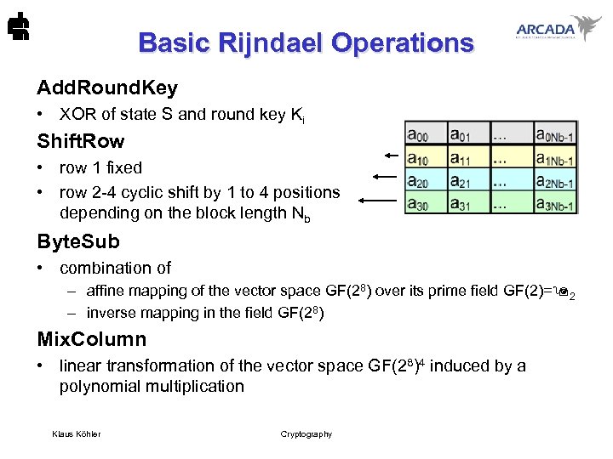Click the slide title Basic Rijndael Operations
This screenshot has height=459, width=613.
click(306, 42)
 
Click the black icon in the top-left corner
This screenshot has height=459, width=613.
click(15, 28)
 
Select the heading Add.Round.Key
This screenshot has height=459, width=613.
click(107, 88)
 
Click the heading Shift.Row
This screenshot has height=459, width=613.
click(80, 141)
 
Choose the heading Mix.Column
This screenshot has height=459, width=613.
click(92, 339)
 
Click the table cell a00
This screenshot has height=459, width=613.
click(424, 133)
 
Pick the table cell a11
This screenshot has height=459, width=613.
click(466, 157)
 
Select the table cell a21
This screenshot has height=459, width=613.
click(466, 180)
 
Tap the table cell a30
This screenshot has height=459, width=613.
click(424, 203)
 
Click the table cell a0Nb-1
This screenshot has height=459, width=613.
click(555, 134)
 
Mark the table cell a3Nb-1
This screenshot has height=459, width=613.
click(555, 203)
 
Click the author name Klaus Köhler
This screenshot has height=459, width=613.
click(76, 434)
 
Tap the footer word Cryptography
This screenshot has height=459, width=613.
click(306, 434)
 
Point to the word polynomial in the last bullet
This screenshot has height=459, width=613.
click(100, 387)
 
